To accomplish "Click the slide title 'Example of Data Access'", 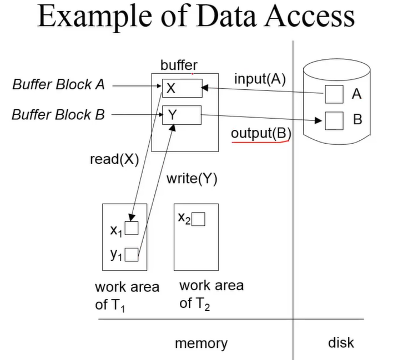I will pyautogui.click(x=196, y=18).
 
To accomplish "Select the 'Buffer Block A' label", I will pyautogui.click(x=58, y=85).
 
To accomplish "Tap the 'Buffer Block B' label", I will pyautogui.click(x=58, y=115).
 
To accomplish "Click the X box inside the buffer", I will pyautogui.click(x=182, y=88).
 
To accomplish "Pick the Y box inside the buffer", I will pyautogui.click(x=182, y=115).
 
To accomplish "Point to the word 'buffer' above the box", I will pyautogui.click(x=179, y=65).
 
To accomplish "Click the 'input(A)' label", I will pyautogui.click(x=259, y=79).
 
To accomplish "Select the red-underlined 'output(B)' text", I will pyautogui.click(x=261, y=134).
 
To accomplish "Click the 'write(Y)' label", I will pyautogui.click(x=192, y=179).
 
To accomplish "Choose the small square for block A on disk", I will pyautogui.click(x=334, y=94).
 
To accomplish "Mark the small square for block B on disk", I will pyautogui.click(x=334, y=120).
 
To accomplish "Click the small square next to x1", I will pyautogui.click(x=132, y=228).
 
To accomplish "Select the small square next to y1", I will pyautogui.click(x=132, y=255).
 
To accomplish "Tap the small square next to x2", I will pyautogui.click(x=198, y=220).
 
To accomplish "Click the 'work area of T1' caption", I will pyautogui.click(x=127, y=296).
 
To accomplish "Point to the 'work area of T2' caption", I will pyautogui.click(x=211, y=294).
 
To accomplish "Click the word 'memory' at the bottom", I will pyautogui.click(x=201, y=343).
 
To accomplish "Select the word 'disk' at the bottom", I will pyautogui.click(x=341, y=342).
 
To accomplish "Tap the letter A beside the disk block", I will pyautogui.click(x=356, y=94).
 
